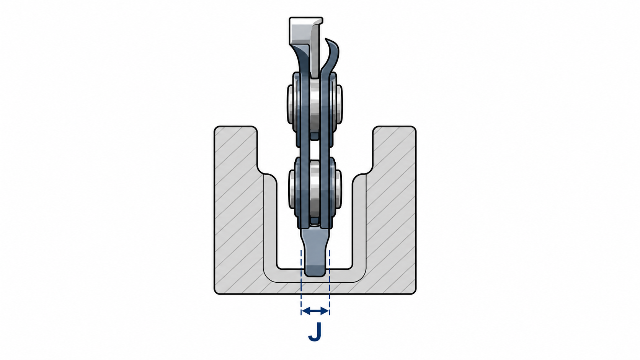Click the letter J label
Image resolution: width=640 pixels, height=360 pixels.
(x=315, y=332)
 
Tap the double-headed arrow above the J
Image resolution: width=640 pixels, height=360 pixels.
(x=315, y=311)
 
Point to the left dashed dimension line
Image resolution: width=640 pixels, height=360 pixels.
(x=301, y=283)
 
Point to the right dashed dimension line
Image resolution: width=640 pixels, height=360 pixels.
(x=330, y=283)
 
